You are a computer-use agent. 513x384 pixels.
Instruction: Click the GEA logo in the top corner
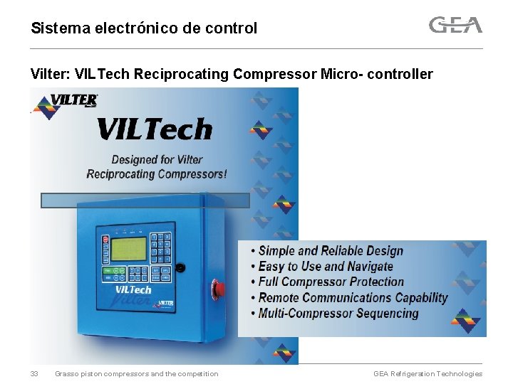click(x=455, y=26)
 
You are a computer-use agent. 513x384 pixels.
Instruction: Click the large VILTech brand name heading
click(x=155, y=129)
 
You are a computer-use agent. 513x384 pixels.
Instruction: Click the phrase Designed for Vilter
click(x=157, y=160)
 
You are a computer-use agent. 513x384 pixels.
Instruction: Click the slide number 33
click(x=34, y=374)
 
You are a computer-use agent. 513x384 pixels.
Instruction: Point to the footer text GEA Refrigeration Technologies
click(x=427, y=374)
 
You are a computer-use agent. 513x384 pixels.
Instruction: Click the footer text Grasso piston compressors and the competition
click(x=137, y=374)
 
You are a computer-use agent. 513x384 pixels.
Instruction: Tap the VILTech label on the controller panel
click(x=133, y=289)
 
